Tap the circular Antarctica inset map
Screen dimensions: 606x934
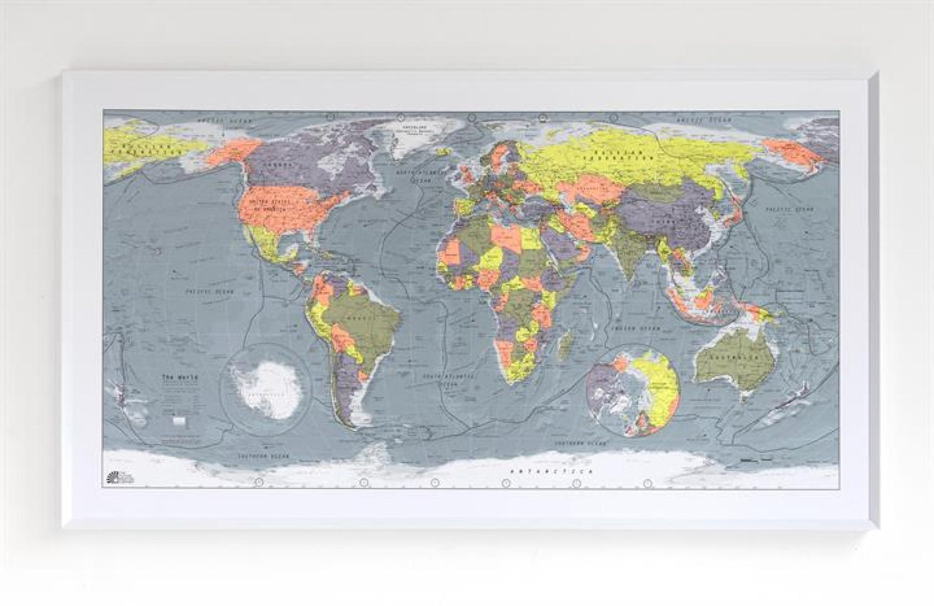coord(266,382)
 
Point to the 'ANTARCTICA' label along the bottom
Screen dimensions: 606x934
coord(536,473)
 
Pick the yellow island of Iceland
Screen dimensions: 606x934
coord(443,152)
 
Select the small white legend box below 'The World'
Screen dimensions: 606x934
coord(180,421)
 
